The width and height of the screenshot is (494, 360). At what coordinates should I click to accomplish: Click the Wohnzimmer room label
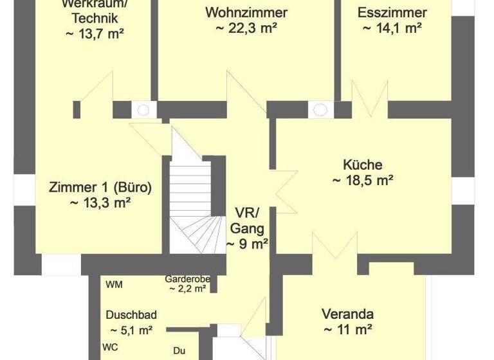pyautogui.click(x=246, y=12)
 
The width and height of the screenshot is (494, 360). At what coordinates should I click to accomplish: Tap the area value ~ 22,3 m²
pyautogui.click(x=246, y=28)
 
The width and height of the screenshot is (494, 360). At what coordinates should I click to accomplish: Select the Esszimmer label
pyautogui.click(x=392, y=12)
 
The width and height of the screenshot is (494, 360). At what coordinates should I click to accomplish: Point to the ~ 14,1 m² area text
pyautogui.click(x=392, y=28)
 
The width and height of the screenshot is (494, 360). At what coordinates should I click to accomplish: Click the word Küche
pyautogui.click(x=362, y=165)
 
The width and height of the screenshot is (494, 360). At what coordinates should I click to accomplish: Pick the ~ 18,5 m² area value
pyautogui.click(x=362, y=181)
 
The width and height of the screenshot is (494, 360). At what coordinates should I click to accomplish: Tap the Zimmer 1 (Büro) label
pyautogui.click(x=100, y=188)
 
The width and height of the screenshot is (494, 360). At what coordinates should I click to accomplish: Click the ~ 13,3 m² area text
pyautogui.click(x=100, y=203)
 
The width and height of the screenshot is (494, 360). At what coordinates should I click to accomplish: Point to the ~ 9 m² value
pyautogui.click(x=247, y=244)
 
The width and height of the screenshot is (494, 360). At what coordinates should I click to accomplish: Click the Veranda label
pyautogui.click(x=347, y=314)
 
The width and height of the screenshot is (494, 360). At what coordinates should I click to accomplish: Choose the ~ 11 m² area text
pyautogui.click(x=347, y=330)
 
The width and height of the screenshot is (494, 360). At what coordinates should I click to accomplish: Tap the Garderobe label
pyautogui.click(x=185, y=280)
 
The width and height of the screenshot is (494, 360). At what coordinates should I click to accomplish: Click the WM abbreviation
pyautogui.click(x=114, y=285)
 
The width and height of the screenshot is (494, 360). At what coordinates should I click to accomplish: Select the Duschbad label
pyautogui.click(x=131, y=315)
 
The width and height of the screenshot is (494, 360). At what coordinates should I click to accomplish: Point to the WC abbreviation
pyautogui.click(x=110, y=345)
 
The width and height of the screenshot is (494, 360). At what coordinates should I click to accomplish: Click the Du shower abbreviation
pyautogui.click(x=179, y=351)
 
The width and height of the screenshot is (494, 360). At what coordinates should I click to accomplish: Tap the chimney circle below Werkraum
pyautogui.click(x=143, y=110)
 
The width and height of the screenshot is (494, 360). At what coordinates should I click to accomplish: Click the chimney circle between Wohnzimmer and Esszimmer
pyautogui.click(x=320, y=110)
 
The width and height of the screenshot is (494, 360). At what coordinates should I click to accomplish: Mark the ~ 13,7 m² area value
pyautogui.click(x=95, y=34)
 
